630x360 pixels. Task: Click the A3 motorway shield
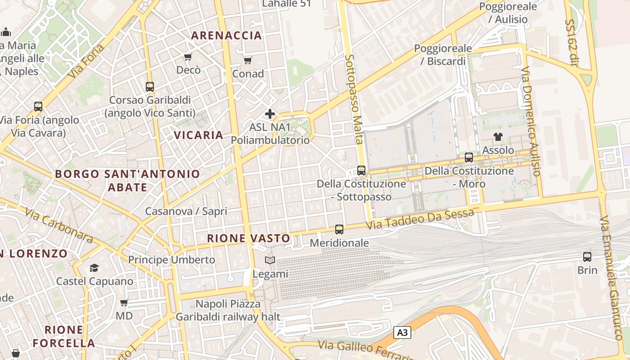tap(402, 333)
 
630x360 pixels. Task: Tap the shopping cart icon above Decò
tap(188, 57)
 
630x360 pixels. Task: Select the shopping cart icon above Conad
tap(247, 60)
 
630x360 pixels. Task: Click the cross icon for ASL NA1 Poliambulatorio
tap(270, 114)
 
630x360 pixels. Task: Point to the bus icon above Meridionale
tap(339, 229)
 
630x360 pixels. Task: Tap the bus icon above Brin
tap(587, 257)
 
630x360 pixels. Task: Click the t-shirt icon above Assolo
tap(498, 137)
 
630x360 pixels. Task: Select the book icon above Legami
tap(270, 261)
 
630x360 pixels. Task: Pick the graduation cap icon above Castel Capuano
tap(94, 268)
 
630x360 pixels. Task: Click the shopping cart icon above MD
tap(124, 303)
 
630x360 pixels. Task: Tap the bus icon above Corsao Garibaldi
tap(150, 87)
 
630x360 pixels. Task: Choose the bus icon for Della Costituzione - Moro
tap(469, 157)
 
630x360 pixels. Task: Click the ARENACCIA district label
tap(226, 36)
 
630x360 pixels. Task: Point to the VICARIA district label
tap(198, 135)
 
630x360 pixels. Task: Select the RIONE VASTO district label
tap(248, 238)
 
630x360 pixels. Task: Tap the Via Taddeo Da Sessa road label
tap(420, 219)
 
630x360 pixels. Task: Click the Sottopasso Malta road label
tap(354, 99)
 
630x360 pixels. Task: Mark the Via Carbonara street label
tap(58, 225)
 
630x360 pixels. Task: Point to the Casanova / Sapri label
tap(186, 211)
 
